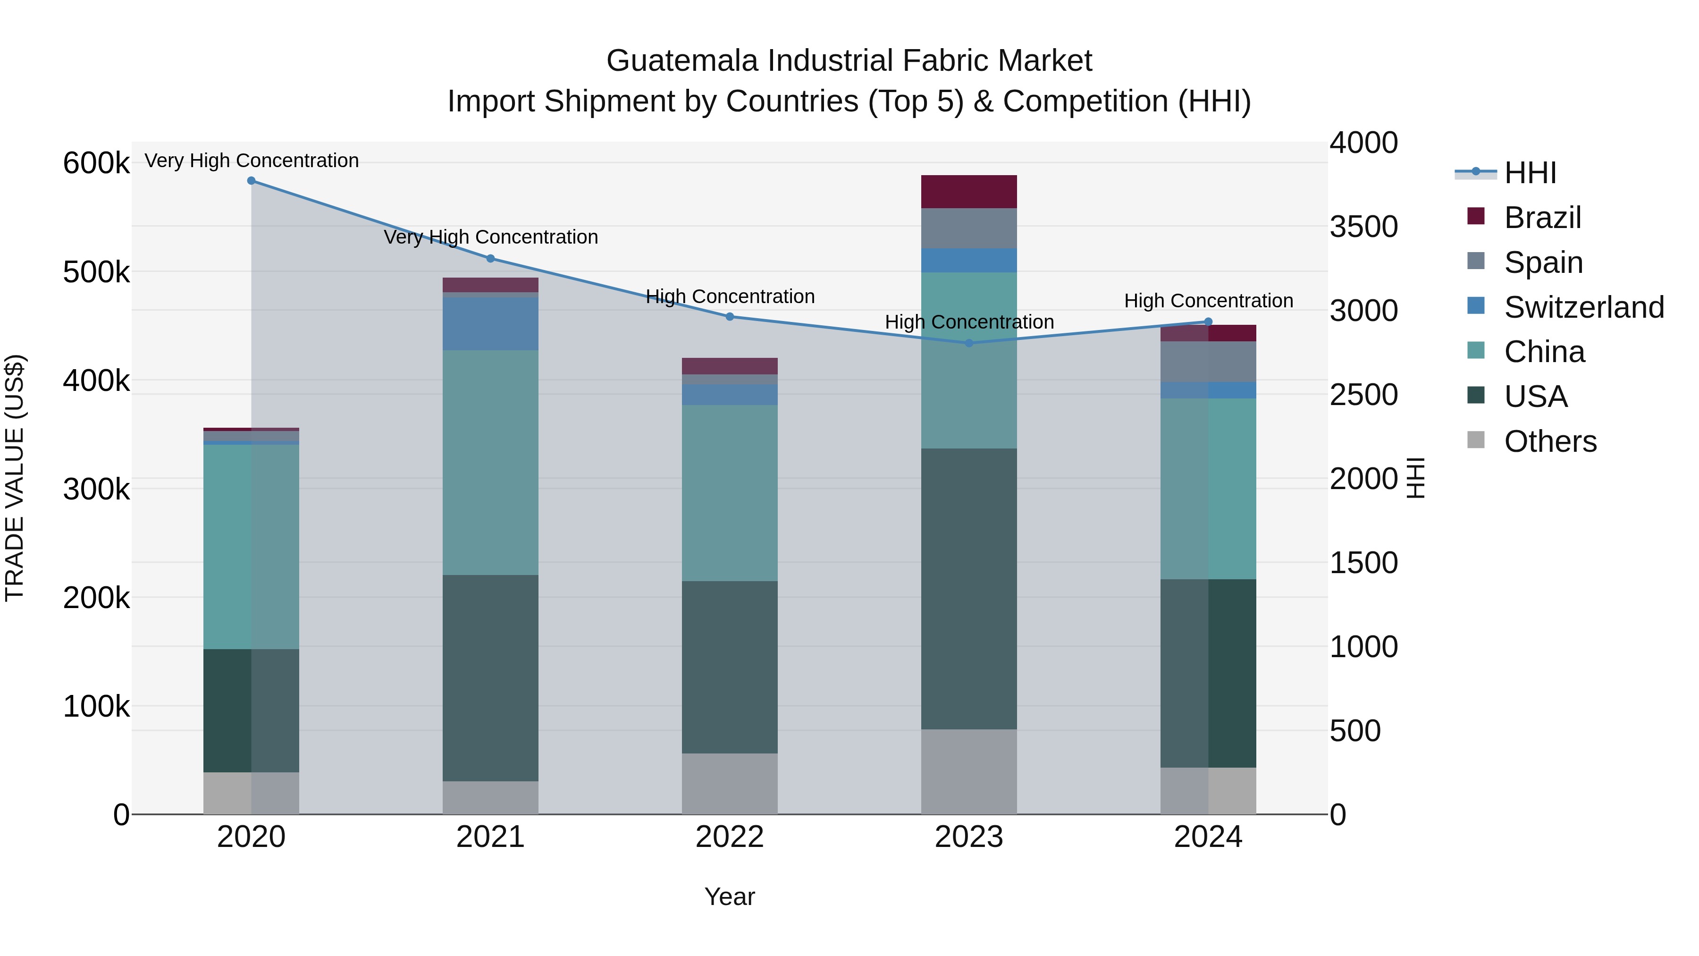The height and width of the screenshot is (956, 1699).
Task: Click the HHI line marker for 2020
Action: click(251, 181)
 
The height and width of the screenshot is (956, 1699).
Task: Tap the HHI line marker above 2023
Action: click(969, 343)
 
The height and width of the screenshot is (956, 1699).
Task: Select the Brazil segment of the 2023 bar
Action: click(969, 192)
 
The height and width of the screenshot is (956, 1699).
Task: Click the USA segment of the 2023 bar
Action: click(969, 589)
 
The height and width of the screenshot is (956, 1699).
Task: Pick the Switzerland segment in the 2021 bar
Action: click(490, 323)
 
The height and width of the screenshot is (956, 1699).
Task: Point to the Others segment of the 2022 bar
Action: click(730, 784)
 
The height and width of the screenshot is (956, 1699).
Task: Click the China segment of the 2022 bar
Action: click(730, 493)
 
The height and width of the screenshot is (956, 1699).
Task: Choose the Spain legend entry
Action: click(1543, 262)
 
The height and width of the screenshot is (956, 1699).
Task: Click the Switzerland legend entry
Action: click(1583, 307)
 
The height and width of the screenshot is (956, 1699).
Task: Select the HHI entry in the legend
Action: click(1530, 173)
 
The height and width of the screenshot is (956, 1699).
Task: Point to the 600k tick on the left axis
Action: click(96, 163)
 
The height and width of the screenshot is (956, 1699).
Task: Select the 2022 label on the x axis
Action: click(730, 837)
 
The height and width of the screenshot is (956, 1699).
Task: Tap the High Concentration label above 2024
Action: click(1208, 301)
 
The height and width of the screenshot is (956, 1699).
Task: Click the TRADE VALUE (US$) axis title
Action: click(15, 478)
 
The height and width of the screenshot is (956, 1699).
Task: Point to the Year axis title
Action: click(730, 897)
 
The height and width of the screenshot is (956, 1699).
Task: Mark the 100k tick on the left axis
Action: click(96, 707)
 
